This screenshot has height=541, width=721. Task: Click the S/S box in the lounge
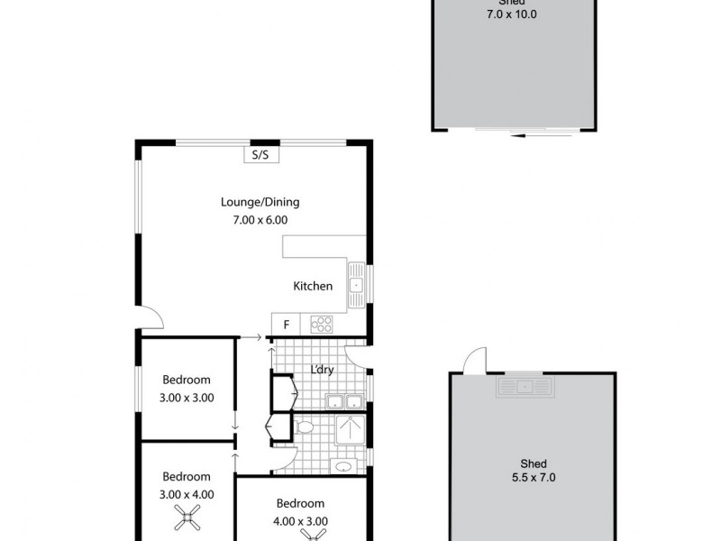[x=260, y=155]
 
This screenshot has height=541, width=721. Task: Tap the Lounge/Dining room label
[x=260, y=202]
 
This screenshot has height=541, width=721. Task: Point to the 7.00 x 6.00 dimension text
[x=260, y=219]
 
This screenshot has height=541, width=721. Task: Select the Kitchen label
[x=313, y=286]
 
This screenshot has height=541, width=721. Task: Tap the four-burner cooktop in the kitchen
[x=322, y=324]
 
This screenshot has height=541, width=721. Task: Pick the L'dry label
[x=322, y=370]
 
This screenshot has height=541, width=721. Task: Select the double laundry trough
[x=345, y=402]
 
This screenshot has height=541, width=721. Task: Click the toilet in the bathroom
[x=305, y=427]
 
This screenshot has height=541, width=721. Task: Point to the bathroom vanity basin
[x=342, y=466]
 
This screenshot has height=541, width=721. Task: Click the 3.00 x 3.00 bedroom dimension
[x=187, y=397]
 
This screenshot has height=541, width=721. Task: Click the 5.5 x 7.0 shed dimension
[x=533, y=478]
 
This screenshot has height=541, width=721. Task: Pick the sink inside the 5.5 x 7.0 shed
[x=525, y=388]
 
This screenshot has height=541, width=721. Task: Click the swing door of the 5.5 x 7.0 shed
[x=471, y=362]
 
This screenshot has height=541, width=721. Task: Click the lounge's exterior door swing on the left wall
[x=151, y=317]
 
